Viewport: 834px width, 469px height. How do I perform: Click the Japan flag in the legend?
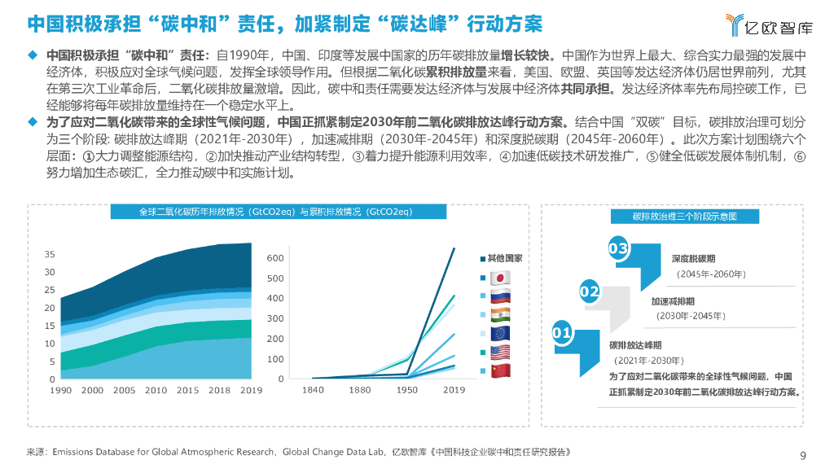[x=499, y=277]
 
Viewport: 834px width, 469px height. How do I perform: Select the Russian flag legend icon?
[x=499, y=296]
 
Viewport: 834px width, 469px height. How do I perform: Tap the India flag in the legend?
[x=499, y=314]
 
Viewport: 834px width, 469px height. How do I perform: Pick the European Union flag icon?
[x=499, y=333]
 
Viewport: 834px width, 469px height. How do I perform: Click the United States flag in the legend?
[x=499, y=352]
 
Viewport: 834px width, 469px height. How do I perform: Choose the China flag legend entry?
[x=499, y=370]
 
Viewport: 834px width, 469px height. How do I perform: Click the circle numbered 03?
[x=618, y=248]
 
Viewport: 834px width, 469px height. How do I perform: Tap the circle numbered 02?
[x=589, y=291]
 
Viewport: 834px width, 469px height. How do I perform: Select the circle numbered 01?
[x=561, y=333]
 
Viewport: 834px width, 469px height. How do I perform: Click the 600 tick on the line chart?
[x=275, y=258]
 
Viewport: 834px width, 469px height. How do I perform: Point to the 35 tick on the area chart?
[x=50, y=255]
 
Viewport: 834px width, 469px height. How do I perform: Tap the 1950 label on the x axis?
[x=406, y=391]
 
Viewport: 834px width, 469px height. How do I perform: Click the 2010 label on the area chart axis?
[x=156, y=391]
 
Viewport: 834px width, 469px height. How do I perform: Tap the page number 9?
[x=803, y=455]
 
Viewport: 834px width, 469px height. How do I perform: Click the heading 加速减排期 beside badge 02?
[x=672, y=301]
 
